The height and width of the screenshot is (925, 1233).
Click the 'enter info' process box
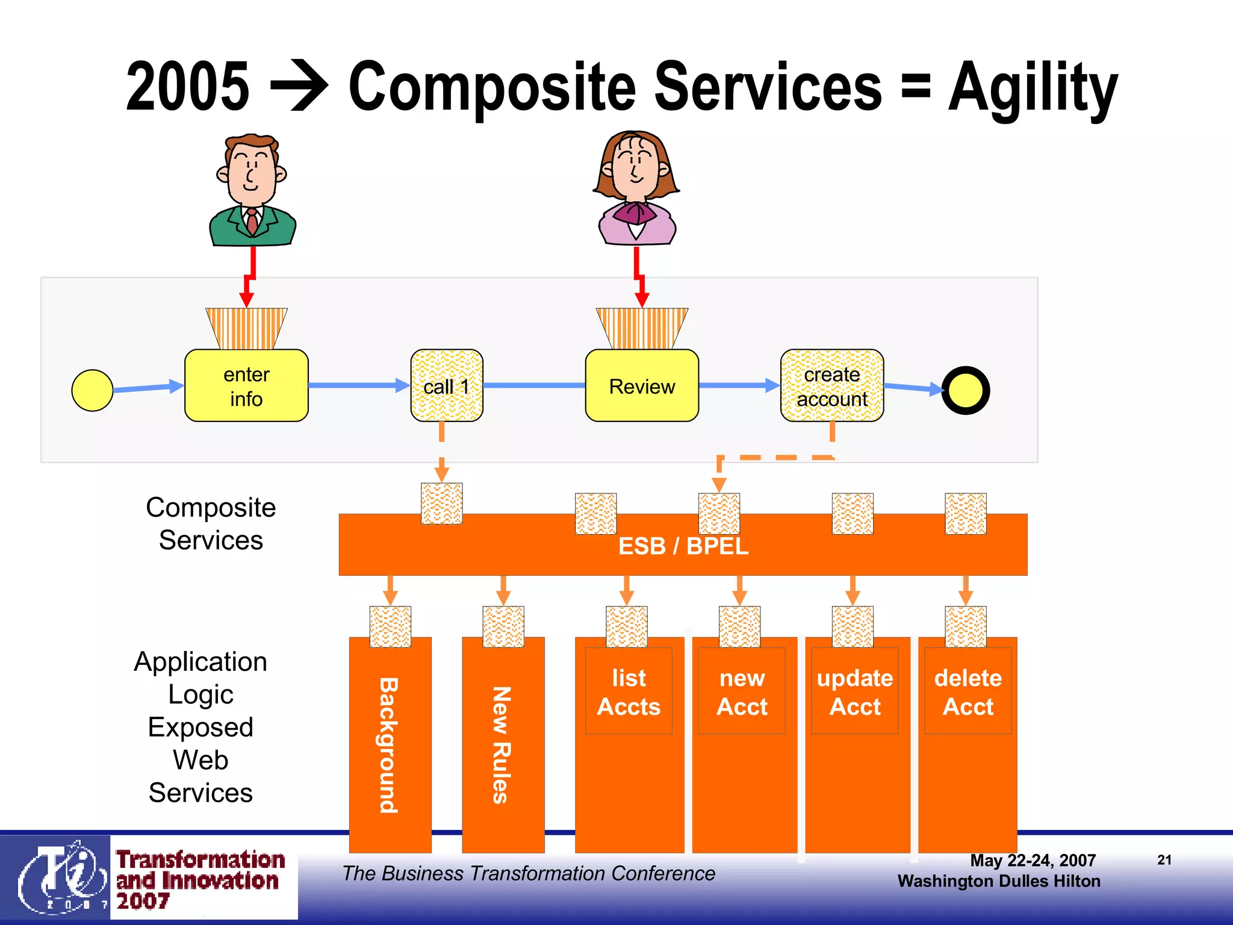point(246,385)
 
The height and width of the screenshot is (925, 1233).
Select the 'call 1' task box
point(446,386)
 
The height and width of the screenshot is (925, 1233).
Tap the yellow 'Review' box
point(642,386)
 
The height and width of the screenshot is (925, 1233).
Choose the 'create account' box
point(832,386)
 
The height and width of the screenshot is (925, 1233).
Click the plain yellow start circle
point(92,390)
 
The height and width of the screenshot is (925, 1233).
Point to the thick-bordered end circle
point(965,390)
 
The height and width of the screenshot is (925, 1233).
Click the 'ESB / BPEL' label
point(683,546)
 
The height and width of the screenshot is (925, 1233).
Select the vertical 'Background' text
point(389,745)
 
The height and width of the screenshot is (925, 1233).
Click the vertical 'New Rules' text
point(502,745)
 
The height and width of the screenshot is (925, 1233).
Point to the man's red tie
point(252,222)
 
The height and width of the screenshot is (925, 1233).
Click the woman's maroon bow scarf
point(635,213)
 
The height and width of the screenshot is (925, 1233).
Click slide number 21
point(1164,860)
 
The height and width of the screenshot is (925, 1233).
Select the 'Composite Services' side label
point(211,523)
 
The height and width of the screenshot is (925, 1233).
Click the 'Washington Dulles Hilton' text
point(999,881)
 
